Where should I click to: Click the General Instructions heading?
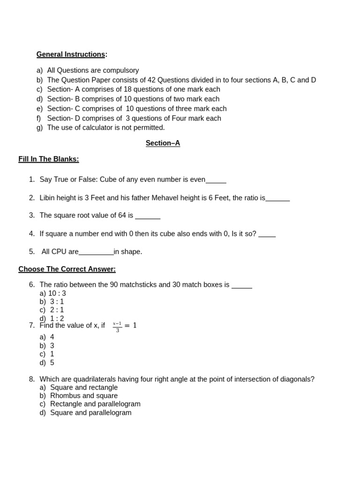(x=71, y=54)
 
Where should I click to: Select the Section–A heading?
(x=163, y=143)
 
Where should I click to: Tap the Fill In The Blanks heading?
(x=49, y=159)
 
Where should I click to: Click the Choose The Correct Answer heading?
(x=67, y=269)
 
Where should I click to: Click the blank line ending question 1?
(x=216, y=180)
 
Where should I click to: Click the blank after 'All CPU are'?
(x=96, y=253)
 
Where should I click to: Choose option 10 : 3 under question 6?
(x=57, y=293)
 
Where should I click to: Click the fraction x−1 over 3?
(x=117, y=327)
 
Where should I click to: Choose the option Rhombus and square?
(x=84, y=396)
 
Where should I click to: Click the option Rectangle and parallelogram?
(x=95, y=404)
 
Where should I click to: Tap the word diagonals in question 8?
(x=296, y=379)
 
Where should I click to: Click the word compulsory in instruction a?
(x=121, y=70)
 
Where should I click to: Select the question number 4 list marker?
(x=31, y=233)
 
